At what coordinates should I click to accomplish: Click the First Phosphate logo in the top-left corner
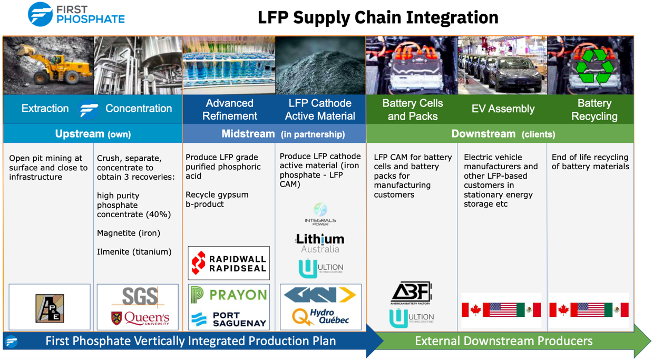pyautogui.click(x=76, y=14)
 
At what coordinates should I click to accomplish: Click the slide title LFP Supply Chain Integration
pyautogui.click(x=377, y=17)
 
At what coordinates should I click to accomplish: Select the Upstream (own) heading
pyautogui.click(x=93, y=134)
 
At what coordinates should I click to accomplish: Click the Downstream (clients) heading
pyautogui.click(x=503, y=134)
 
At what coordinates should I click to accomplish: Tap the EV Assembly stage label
pyautogui.click(x=502, y=109)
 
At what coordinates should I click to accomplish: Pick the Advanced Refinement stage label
pyautogui.click(x=229, y=109)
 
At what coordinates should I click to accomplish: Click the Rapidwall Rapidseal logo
pyautogui.click(x=229, y=263)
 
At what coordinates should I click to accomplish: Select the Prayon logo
pyautogui.click(x=229, y=295)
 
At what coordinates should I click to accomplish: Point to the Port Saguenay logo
pyautogui.click(x=229, y=318)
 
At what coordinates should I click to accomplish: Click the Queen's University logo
pyautogui.click(x=140, y=318)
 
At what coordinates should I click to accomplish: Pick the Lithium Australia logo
pyautogui.click(x=320, y=243)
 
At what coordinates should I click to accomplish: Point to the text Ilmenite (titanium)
pyautogui.click(x=134, y=252)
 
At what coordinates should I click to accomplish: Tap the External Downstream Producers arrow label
pyautogui.click(x=503, y=341)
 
